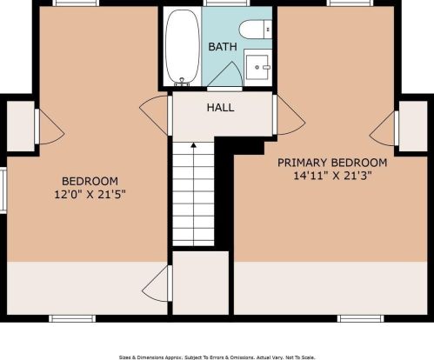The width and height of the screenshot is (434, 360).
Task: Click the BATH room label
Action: tap(223, 47)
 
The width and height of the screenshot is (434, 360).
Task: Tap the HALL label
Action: tap(220, 108)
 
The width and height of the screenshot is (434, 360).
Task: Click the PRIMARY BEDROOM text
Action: tap(332, 163)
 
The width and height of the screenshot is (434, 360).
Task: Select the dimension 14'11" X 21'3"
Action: tap(332, 176)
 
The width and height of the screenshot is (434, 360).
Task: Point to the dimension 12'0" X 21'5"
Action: tap(90, 194)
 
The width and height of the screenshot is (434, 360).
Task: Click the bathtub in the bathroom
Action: tap(183, 48)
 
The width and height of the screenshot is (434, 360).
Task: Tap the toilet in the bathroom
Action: tap(256, 30)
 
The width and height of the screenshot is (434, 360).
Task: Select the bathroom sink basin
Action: tap(257, 67)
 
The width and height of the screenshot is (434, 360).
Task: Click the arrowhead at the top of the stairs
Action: tap(193, 144)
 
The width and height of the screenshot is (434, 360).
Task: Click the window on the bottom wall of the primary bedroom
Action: tap(360, 319)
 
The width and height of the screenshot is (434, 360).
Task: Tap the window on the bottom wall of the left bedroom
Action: tap(72, 319)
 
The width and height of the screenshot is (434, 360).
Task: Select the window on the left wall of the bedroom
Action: tap(3, 191)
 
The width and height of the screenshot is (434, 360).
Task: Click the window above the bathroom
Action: tap(226, 3)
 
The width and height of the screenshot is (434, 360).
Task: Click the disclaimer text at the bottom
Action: tap(217, 357)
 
